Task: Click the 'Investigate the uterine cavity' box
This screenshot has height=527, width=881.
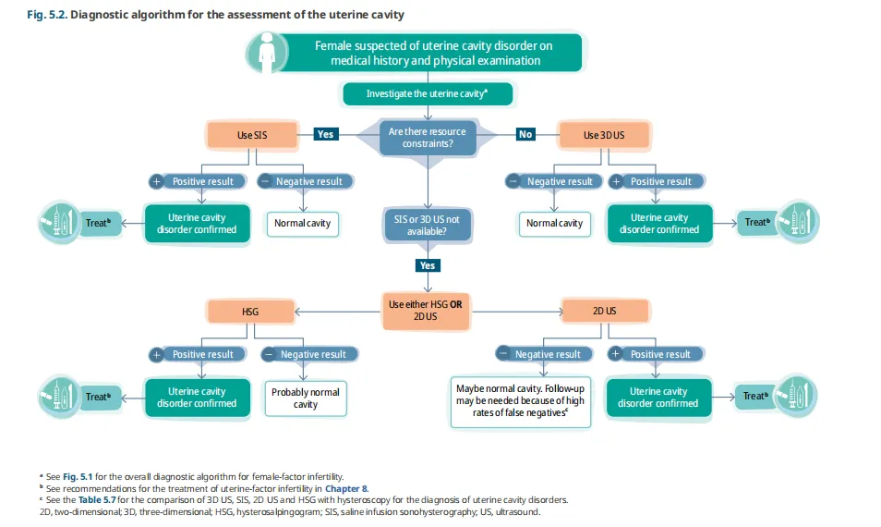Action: pos(427,93)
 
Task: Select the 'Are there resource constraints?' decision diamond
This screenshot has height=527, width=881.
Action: pos(427,138)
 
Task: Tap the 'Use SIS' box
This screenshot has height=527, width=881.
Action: pos(252,135)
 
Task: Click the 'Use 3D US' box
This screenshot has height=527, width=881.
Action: pos(604,135)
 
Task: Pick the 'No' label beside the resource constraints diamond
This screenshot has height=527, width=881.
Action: pos(525,134)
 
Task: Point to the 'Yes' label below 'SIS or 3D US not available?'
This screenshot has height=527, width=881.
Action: pos(427,265)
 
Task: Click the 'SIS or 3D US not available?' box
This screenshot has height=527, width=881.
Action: pos(427,224)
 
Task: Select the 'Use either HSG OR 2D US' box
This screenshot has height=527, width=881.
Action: pos(426,311)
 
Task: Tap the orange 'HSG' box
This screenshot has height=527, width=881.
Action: pos(250,312)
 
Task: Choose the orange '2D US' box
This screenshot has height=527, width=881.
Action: pos(604,312)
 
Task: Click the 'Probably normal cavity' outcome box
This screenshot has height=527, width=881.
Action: pos(306,398)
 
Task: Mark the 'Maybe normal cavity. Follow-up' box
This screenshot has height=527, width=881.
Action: pos(520,401)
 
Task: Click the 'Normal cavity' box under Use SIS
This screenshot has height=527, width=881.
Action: pos(302,224)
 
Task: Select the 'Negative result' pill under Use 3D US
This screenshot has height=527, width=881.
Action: pos(554,181)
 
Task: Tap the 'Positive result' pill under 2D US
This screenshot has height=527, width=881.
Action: pos(653,354)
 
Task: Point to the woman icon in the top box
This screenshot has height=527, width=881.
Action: pos(267,52)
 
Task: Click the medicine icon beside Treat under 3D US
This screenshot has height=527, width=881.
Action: pos(796,222)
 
